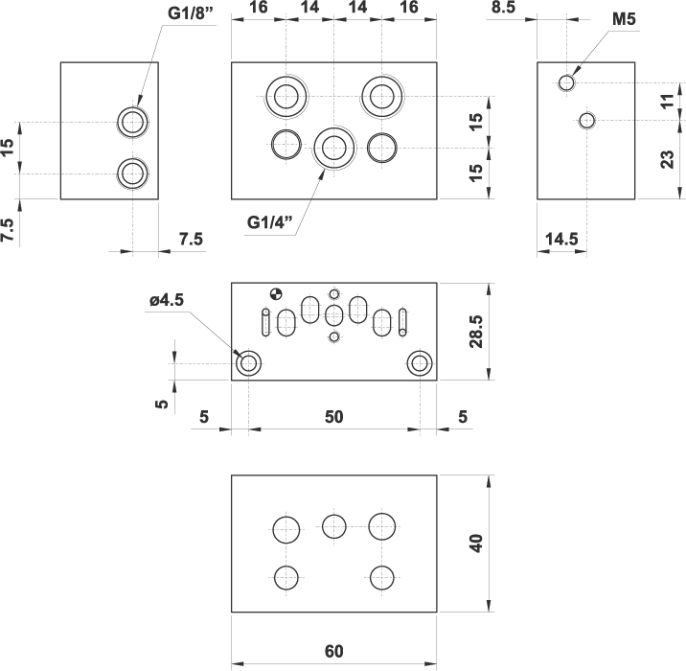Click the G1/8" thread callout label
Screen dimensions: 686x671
191,13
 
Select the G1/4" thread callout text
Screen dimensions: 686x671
269,222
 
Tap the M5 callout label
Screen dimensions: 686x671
624,19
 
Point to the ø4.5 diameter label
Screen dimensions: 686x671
167,300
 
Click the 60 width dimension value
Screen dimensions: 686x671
333,651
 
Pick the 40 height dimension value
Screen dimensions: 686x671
476,544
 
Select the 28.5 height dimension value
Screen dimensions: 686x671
476,332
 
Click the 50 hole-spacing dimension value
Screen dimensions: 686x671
333,417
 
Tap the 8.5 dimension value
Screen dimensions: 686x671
504,7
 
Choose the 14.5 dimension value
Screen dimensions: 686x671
561,239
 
